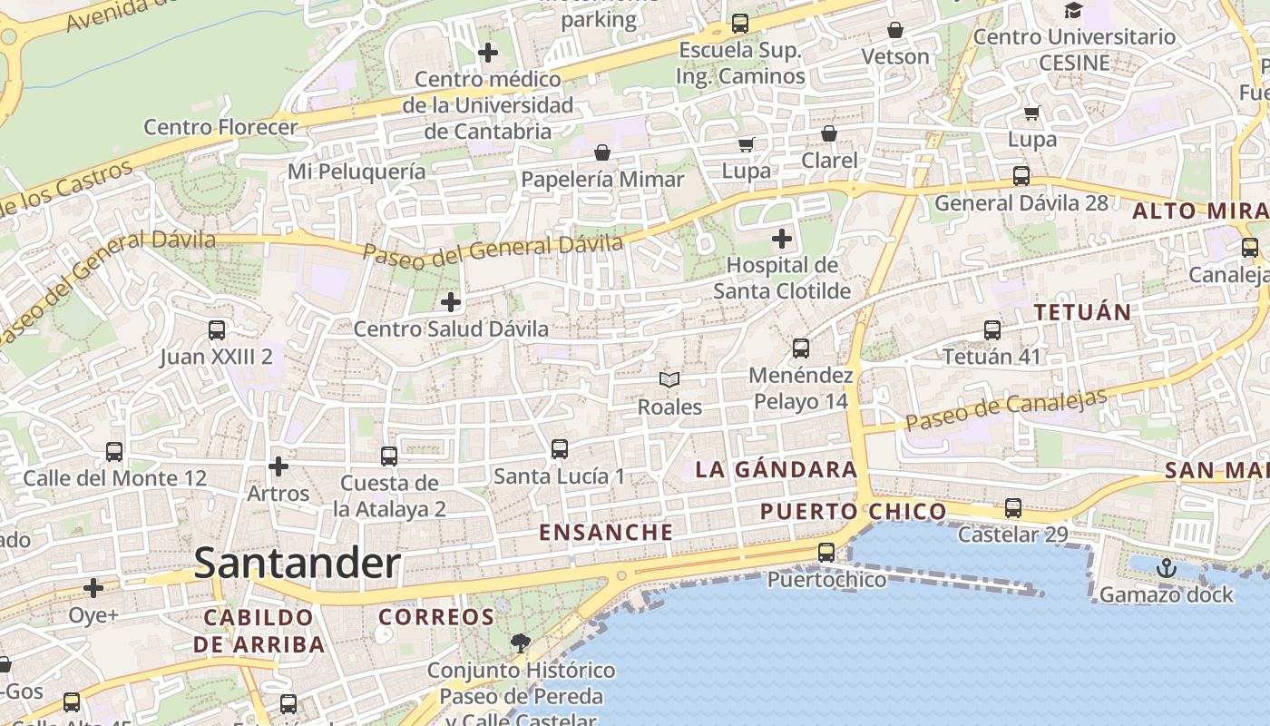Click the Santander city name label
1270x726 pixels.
click(297, 564)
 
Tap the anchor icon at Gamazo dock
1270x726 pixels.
click(1166, 569)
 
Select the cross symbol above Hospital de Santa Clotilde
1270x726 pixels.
click(781, 240)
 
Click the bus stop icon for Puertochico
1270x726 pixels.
click(825, 552)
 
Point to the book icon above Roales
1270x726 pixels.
click(669, 379)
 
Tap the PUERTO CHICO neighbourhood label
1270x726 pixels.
click(853, 512)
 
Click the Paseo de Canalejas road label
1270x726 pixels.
click(1006, 410)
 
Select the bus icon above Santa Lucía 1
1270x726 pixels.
click(559, 448)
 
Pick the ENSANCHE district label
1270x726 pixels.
click(606, 533)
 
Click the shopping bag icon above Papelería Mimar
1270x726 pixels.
click(601, 152)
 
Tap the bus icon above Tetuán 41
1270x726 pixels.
click(992, 330)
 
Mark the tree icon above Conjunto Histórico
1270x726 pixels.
click(520, 643)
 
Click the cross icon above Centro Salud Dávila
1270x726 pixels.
click(450, 301)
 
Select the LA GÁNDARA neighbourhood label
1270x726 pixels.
click(776, 469)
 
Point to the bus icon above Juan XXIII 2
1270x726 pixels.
click(216, 330)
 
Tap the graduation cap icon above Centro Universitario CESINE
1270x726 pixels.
click(1073, 11)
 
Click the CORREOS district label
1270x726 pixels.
click(436, 617)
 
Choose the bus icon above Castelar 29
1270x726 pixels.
click(1012, 508)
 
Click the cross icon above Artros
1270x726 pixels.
click(278, 466)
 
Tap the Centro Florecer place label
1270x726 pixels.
click(220, 127)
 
